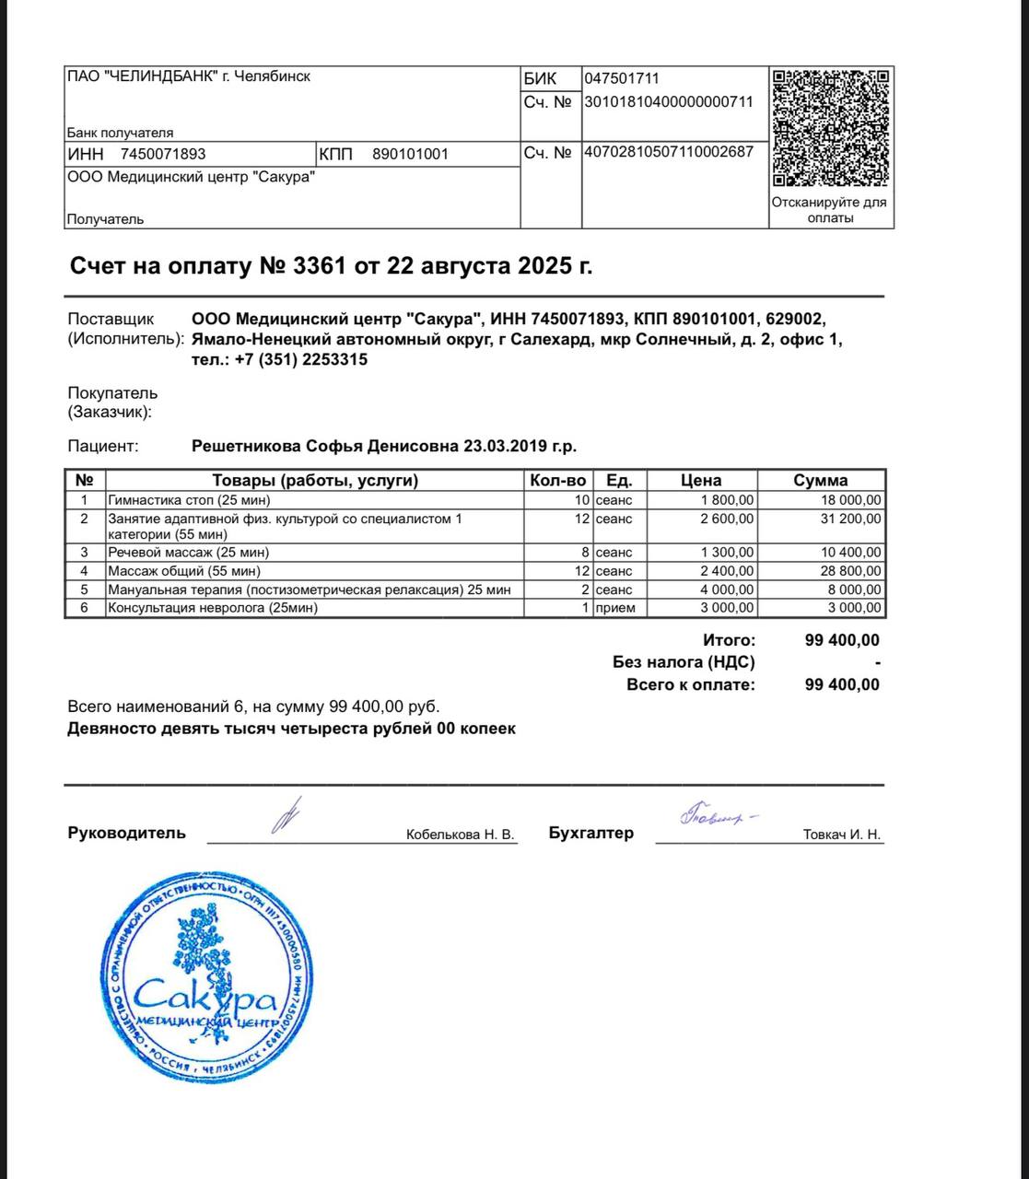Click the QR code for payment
830,127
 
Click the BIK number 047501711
622,78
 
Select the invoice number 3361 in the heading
319,266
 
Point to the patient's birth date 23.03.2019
505,447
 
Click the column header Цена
700,480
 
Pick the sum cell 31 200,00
850,519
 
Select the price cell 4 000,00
725,589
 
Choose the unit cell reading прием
614,608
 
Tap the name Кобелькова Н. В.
460,835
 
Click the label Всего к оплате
690,684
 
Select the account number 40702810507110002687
669,152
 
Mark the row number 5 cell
85,589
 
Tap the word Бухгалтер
591,833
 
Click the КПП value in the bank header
410,154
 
